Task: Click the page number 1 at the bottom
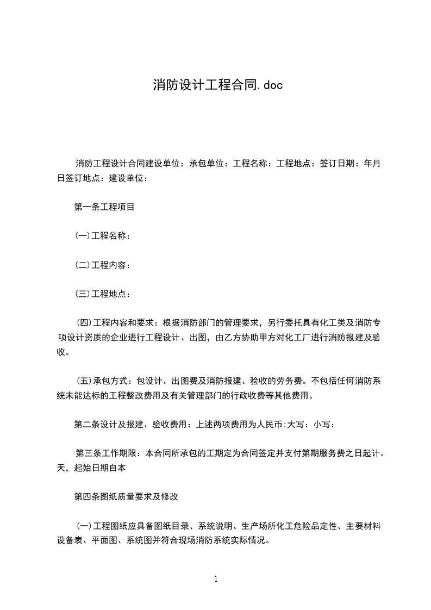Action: coord(216,579)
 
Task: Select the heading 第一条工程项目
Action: coord(104,207)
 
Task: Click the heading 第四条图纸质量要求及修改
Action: coord(126,496)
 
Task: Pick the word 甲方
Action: coord(277,338)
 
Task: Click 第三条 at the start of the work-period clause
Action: coord(88,453)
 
